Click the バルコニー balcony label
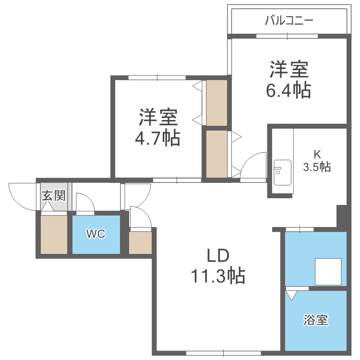[x=289, y=21]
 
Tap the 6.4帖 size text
[x=288, y=90]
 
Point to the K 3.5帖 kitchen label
[x=316, y=161]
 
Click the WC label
[x=96, y=234]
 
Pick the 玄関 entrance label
[x=53, y=196]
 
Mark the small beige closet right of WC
[x=140, y=243]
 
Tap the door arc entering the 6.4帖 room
[x=253, y=166]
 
